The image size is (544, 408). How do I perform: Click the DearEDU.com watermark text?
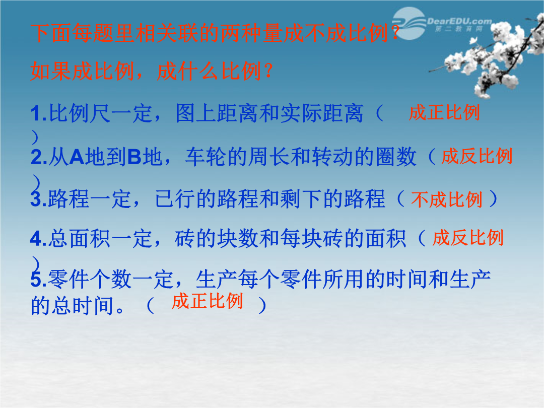[x=459, y=22]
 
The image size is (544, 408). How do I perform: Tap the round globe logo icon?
[x=410, y=24]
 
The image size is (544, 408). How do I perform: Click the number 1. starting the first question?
[x=38, y=114]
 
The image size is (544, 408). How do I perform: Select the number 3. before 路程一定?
[x=38, y=199]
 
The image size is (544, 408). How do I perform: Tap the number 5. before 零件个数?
[x=38, y=280]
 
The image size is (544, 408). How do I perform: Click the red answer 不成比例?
[x=447, y=199]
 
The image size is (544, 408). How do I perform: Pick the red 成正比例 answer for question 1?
[x=444, y=112]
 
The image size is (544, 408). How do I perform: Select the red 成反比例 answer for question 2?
[x=477, y=156]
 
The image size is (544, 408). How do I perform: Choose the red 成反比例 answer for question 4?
[x=468, y=238]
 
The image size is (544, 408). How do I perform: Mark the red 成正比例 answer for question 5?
[x=207, y=300]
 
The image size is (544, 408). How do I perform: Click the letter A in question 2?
[x=77, y=157]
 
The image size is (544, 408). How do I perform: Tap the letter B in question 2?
[x=134, y=157]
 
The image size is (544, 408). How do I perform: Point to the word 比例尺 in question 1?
[x=80, y=113]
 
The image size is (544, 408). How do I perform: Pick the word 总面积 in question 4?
[x=80, y=238]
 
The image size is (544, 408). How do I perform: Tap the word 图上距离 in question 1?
[x=217, y=113]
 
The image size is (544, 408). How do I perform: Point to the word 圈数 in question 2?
[x=396, y=157]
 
